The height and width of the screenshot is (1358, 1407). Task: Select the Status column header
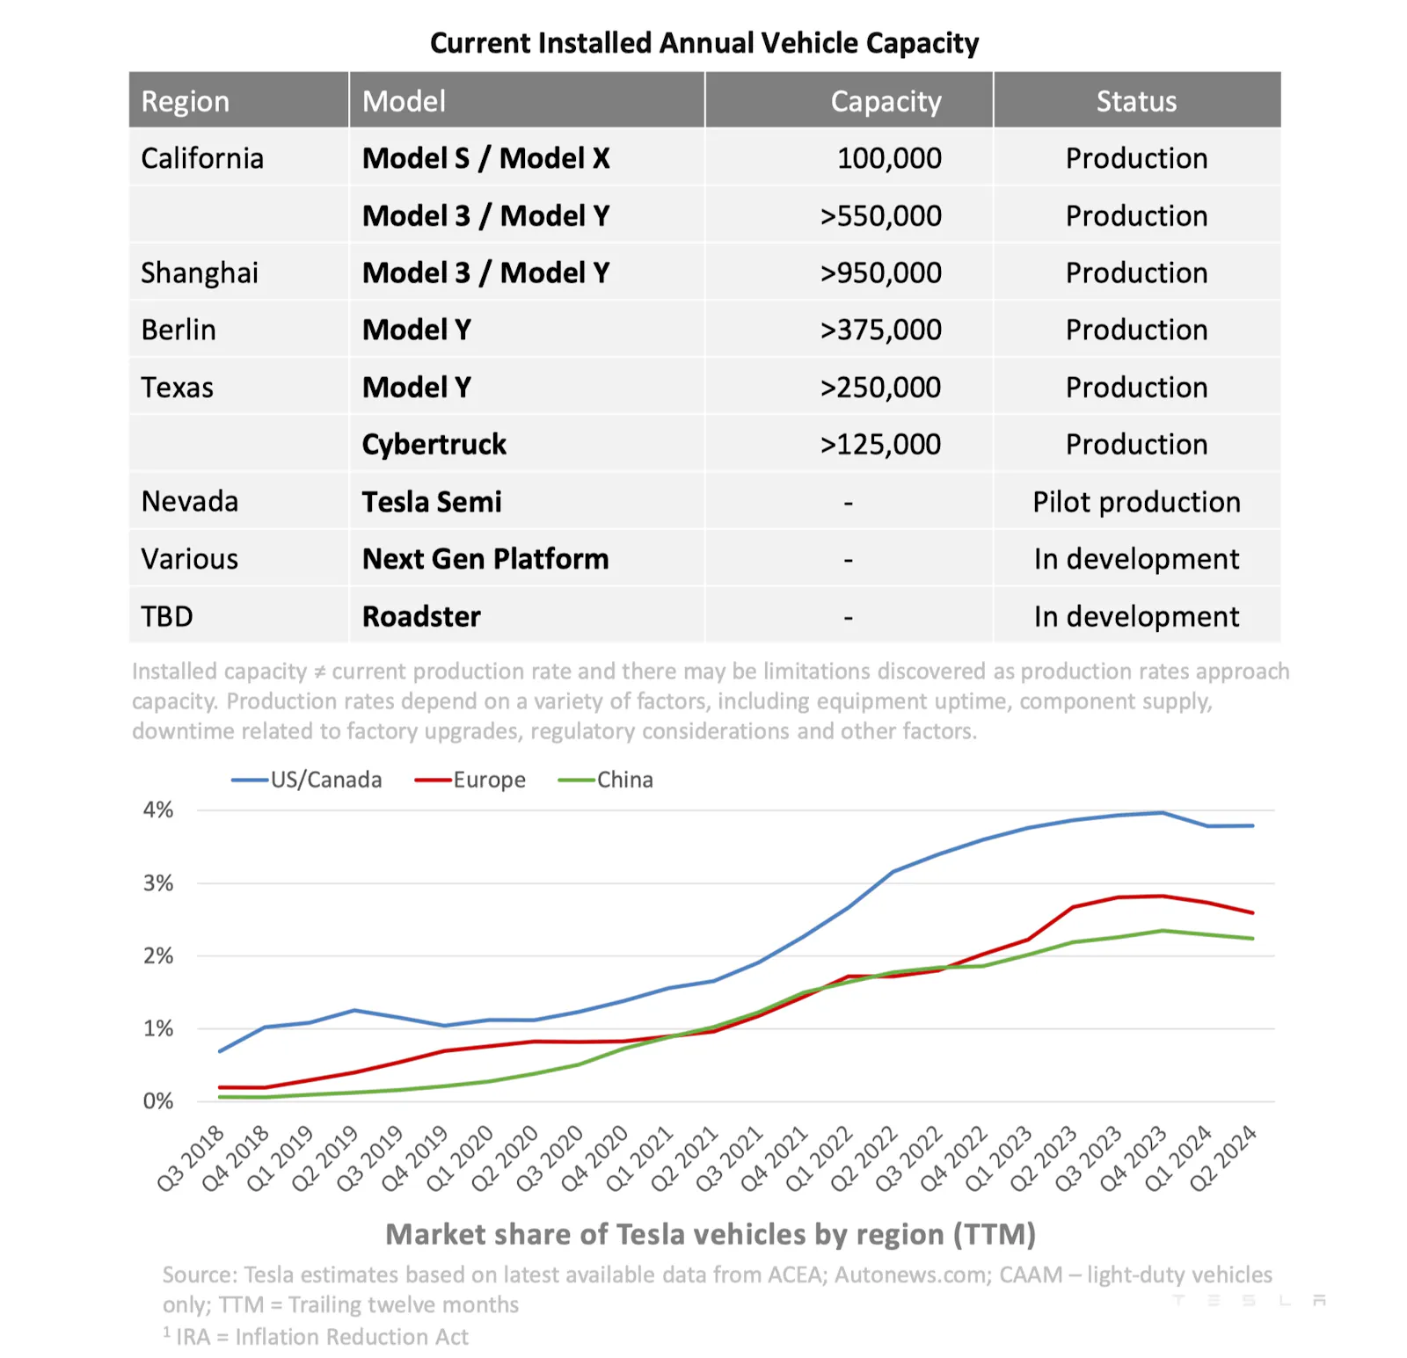tap(1135, 101)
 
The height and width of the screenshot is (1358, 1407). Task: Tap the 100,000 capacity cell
tap(888, 158)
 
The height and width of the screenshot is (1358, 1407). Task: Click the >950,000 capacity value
tap(880, 272)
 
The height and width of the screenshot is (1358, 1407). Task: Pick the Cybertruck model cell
tap(434, 444)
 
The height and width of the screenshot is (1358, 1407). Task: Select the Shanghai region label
tap(200, 272)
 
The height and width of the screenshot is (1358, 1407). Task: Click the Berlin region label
tap(179, 330)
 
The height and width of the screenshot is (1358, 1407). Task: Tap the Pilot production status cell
tap(1135, 502)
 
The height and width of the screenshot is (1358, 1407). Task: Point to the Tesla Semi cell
tap(432, 502)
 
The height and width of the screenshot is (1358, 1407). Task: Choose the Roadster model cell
tap(421, 616)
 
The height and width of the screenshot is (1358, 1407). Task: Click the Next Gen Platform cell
tap(485, 559)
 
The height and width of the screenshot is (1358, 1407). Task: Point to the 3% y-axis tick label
tap(158, 882)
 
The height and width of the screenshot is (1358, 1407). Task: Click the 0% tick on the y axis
tap(158, 1100)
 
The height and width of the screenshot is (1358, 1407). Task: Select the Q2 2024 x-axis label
tap(1223, 1158)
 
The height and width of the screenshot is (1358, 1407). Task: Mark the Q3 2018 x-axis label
tap(191, 1158)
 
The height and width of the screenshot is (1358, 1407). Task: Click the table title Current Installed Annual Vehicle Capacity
tap(703, 42)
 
